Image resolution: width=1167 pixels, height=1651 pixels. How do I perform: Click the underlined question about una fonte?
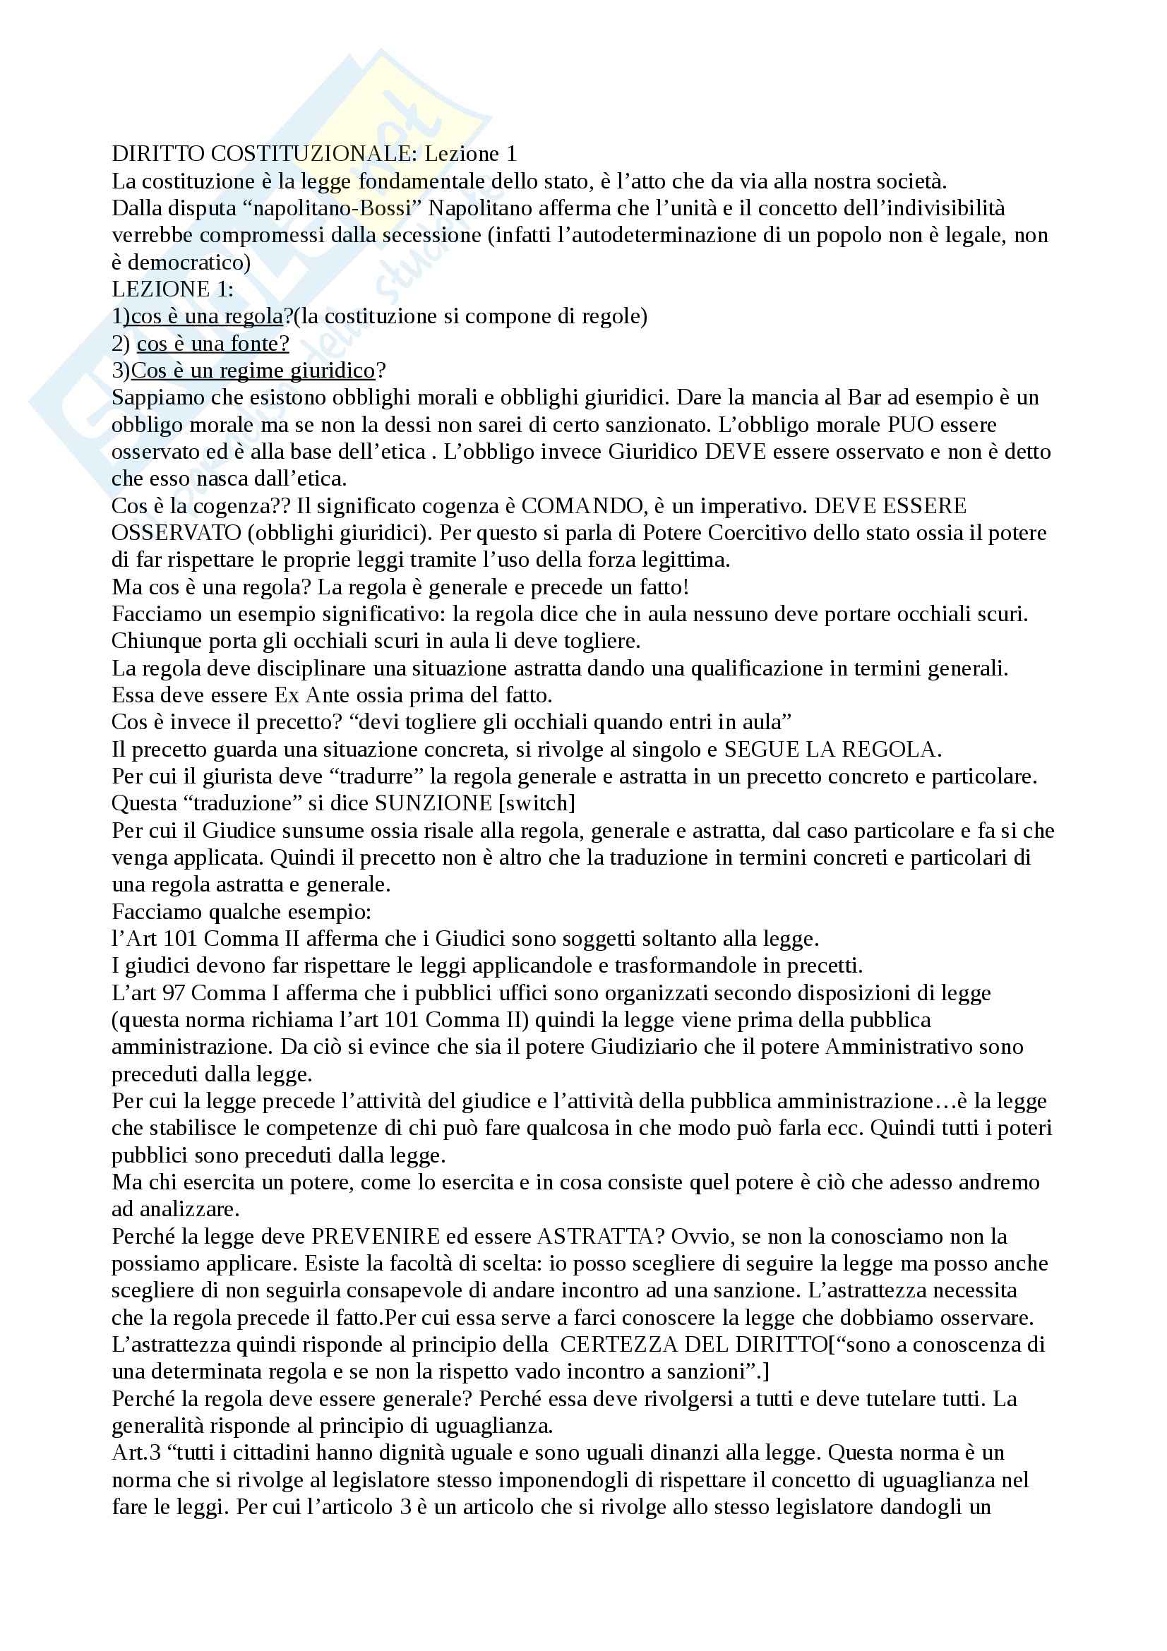click(x=213, y=344)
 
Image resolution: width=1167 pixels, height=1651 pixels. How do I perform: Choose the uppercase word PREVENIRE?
click(x=375, y=1237)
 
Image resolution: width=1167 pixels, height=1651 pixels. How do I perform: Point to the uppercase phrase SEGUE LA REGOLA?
click(x=831, y=750)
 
